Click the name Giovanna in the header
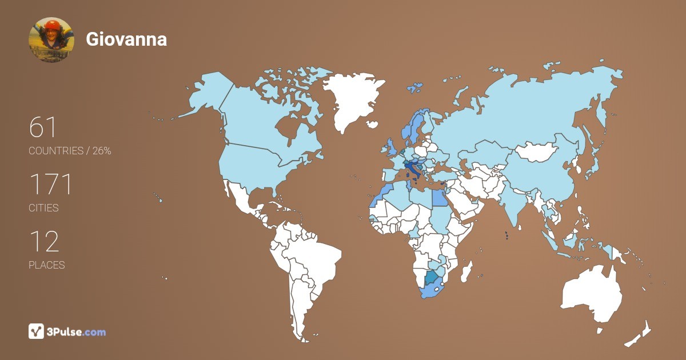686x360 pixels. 126,39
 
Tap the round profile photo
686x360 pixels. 51,39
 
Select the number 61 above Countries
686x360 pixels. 43,127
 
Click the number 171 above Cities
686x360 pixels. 51,185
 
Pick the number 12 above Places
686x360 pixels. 44,242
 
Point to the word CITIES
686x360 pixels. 44,208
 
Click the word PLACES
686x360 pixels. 47,265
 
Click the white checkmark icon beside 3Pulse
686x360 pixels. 37,331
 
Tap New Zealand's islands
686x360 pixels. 640,334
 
